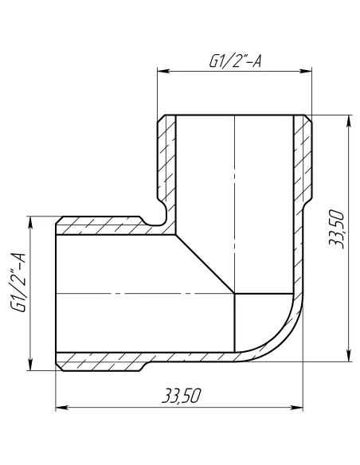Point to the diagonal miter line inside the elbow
205,263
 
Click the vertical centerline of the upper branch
235,175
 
